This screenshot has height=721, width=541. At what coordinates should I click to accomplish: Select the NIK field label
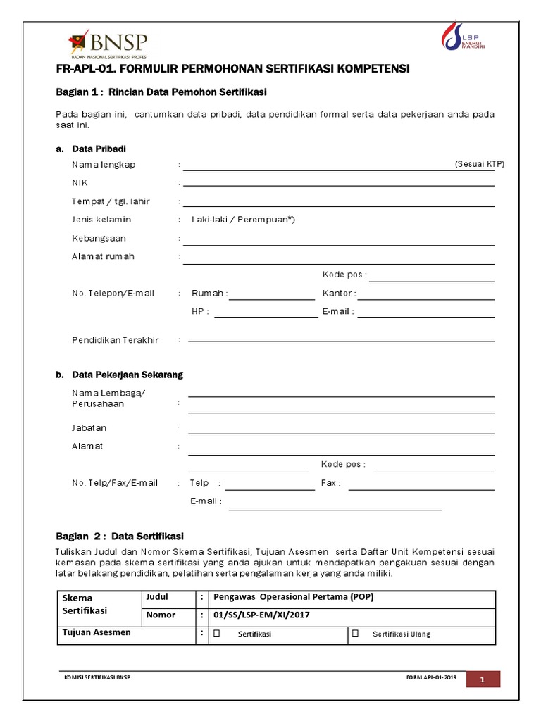point(79,183)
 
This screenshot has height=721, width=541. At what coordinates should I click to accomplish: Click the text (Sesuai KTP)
point(480,164)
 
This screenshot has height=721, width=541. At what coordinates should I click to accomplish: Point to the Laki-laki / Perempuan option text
point(243,220)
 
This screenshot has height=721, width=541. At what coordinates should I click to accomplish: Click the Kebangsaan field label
point(99,238)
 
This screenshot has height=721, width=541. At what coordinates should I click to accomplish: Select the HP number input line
point(266,316)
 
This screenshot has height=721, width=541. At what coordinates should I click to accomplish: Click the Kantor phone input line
point(427,298)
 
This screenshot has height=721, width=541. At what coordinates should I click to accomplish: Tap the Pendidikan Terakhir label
point(116,340)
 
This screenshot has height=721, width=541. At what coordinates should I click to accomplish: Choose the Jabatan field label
point(89,428)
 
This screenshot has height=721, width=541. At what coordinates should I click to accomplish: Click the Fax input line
point(421,488)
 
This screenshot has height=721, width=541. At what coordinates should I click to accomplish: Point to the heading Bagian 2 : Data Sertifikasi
point(120,536)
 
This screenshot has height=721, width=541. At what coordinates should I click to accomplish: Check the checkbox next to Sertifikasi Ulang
point(356,633)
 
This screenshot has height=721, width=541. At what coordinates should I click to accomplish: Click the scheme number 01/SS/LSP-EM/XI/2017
point(261,615)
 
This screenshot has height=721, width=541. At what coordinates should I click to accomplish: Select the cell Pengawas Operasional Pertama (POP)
point(293,597)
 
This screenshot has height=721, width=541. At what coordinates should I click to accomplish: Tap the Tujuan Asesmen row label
point(97,632)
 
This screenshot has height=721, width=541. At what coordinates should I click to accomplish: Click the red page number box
point(483,679)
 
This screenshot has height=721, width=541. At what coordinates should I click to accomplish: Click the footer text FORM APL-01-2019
point(431,677)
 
